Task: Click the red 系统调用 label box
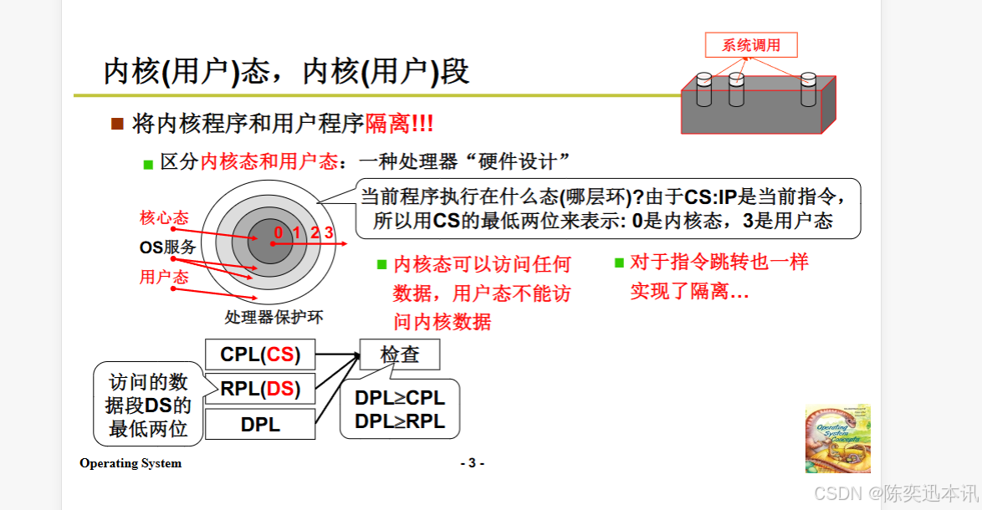click(751, 45)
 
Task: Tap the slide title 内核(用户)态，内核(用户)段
click(286, 72)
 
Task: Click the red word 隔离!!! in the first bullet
click(399, 125)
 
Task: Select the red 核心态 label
click(164, 218)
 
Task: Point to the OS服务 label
click(167, 247)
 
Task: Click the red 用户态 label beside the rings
click(164, 277)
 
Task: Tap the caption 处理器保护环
click(274, 317)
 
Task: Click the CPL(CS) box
click(260, 354)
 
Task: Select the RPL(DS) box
click(260, 389)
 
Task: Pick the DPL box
click(260, 425)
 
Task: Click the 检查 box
click(399, 354)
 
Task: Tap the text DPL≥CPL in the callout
click(400, 398)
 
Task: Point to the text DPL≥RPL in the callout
click(400, 421)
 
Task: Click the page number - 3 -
click(472, 463)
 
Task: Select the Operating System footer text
click(130, 463)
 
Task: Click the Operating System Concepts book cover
click(838, 440)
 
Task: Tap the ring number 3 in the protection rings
click(330, 232)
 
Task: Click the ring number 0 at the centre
click(277, 232)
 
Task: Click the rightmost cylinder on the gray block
click(808, 89)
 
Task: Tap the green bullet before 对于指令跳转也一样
click(620, 263)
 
